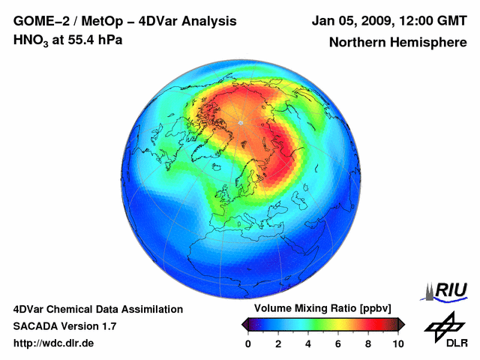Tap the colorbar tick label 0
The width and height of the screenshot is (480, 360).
pos(248,343)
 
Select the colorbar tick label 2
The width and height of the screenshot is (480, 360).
pos(278,343)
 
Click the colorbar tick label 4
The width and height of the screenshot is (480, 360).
pos(308,343)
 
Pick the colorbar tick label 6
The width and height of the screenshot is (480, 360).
pos(338,343)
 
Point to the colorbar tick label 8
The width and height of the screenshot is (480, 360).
pos(368,343)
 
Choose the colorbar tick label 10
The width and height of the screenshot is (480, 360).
pos(397,343)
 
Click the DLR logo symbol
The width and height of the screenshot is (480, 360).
pos(442,326)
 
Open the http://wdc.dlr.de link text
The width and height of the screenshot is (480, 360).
pos(54,343)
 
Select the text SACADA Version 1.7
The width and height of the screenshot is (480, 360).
pos(64,326)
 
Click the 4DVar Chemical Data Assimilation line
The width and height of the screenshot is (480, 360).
pos(98,309)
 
